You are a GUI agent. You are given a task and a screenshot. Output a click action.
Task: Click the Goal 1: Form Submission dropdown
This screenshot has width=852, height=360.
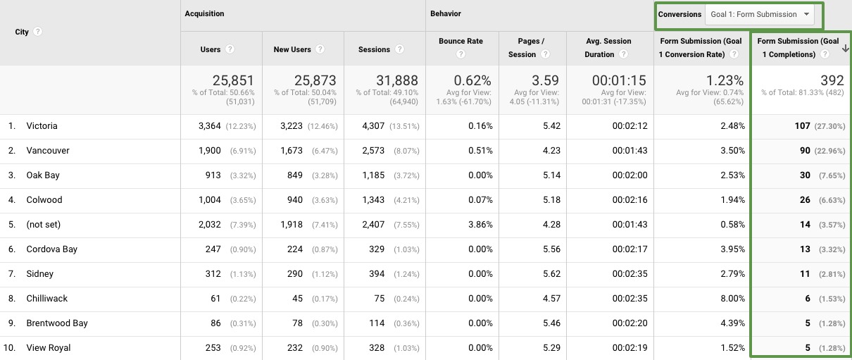click(759, 15)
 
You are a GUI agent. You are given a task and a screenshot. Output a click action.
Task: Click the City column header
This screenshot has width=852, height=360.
click(22, 32)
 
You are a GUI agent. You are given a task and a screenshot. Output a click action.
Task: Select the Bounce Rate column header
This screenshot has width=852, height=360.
click(461, 41)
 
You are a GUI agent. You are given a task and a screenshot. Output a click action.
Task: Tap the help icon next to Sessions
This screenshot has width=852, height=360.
click(399, 49)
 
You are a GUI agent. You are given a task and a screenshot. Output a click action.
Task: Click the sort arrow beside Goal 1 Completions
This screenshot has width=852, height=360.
click(845, 49)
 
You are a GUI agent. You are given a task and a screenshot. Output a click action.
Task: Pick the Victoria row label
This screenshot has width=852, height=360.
click(42, 126)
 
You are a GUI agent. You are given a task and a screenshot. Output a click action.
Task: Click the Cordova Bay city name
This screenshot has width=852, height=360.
click(51, 249)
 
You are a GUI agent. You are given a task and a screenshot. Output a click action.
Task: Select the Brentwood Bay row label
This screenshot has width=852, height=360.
click(57, 323)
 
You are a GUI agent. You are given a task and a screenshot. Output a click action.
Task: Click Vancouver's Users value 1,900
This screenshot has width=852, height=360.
click(210, 151)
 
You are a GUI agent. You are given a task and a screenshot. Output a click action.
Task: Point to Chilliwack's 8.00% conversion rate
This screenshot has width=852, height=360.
click(732, 298)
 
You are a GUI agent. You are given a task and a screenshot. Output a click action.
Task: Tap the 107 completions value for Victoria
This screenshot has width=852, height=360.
click(802, 126)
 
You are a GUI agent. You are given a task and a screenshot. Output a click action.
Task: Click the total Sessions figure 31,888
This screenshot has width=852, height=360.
click(397, 80)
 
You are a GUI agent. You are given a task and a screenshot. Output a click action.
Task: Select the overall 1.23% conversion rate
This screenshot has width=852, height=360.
click(725, 80)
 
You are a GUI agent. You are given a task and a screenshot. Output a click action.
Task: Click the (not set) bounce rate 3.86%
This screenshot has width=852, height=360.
click(480, 225)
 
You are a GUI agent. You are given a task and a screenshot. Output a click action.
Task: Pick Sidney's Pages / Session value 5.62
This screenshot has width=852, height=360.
click(551, 274)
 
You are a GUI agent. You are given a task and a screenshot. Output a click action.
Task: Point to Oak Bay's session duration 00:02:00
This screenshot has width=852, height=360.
click(630, 175)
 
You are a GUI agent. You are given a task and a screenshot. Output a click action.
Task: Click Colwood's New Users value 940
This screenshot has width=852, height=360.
click(295, 200)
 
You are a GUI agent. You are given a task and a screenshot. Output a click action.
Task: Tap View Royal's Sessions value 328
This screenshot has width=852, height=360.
click(377, 348)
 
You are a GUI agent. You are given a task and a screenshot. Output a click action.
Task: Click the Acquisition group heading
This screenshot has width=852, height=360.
click(204, 13)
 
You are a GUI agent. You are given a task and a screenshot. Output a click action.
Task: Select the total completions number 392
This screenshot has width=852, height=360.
click(832, 80)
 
